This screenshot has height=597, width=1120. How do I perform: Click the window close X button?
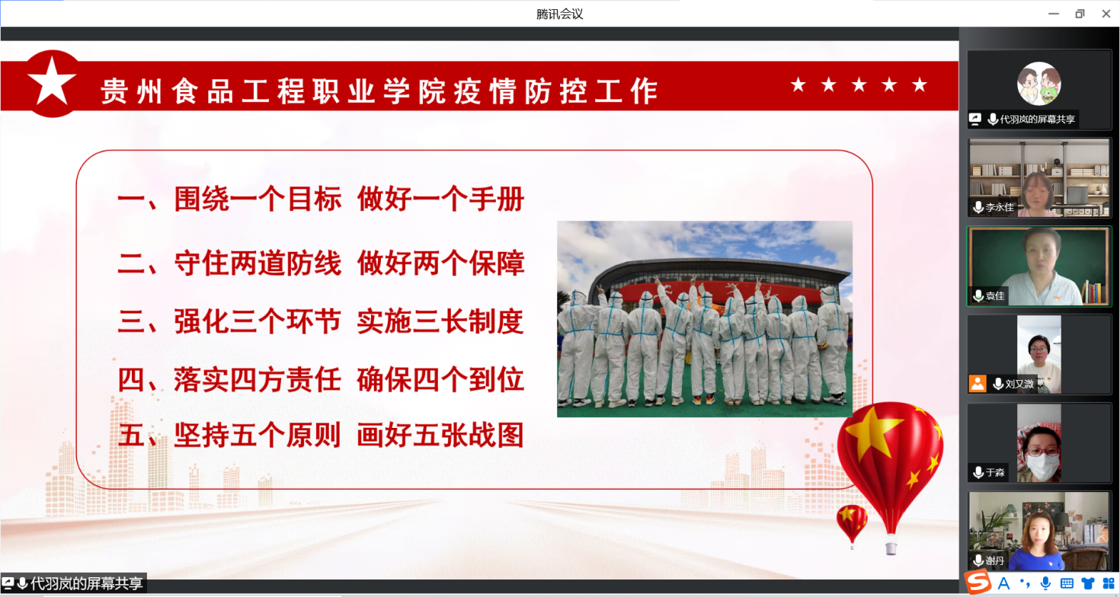click(1106, 14)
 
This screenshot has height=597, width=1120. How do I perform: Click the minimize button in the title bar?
click(1054, 14)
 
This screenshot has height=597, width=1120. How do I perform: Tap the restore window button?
click(1080, 14)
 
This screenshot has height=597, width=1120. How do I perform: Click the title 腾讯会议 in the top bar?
click(559, 14)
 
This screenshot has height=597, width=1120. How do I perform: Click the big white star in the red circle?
click(52, 81)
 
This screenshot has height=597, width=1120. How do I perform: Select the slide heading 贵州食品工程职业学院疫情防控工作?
click(379, 91)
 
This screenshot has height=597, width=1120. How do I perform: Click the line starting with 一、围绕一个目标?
click(321, 199)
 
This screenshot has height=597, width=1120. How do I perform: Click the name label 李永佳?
click(1000, 207)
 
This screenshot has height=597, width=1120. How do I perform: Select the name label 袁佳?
click(995, 295)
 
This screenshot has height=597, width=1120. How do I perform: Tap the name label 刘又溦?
click(1019, 384)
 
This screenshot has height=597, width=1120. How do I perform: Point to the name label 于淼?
click(995, 472)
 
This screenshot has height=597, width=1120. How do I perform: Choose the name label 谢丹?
click(995, 560)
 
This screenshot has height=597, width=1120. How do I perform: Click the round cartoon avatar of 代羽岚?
click(1039, 84)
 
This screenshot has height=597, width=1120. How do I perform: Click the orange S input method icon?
click(978, 583)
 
